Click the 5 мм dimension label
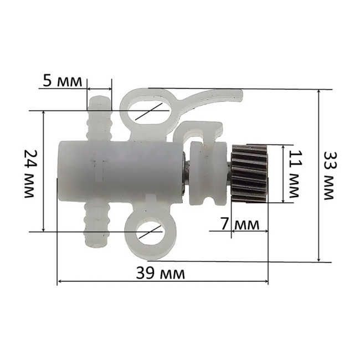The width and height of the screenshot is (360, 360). click(x=62, y=81)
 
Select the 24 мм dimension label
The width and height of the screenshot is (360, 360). click(x=29, y=173)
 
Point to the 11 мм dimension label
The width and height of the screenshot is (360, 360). click(x=295, y=174)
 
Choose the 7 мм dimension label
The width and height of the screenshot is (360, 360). click(x=240, y=224)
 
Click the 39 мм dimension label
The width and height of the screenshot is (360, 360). click(x=161, y=272)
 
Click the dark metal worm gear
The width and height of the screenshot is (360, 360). click(x=250, y=173)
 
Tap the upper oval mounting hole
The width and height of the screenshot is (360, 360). click(x=148, y=111)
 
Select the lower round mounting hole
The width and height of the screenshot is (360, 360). click(x=151, y=232)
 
